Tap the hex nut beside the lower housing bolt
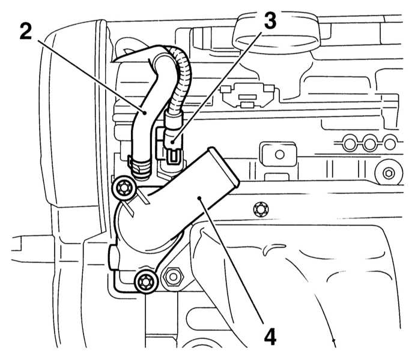tap(173, 277)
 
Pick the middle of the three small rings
tap(368, 142)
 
